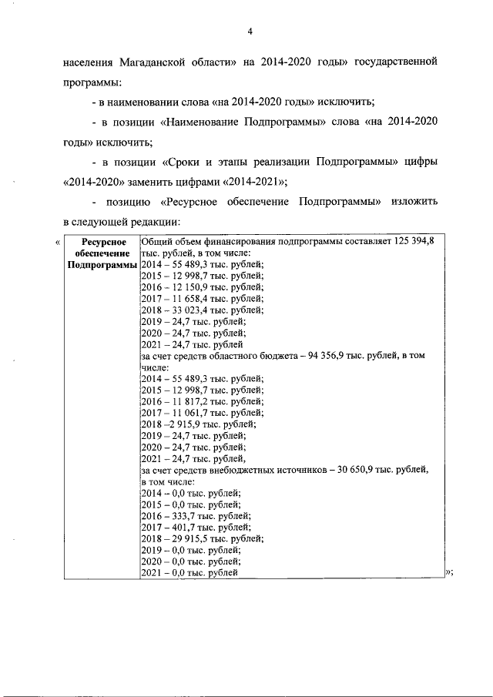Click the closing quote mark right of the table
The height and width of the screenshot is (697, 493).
tap(448, 572)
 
